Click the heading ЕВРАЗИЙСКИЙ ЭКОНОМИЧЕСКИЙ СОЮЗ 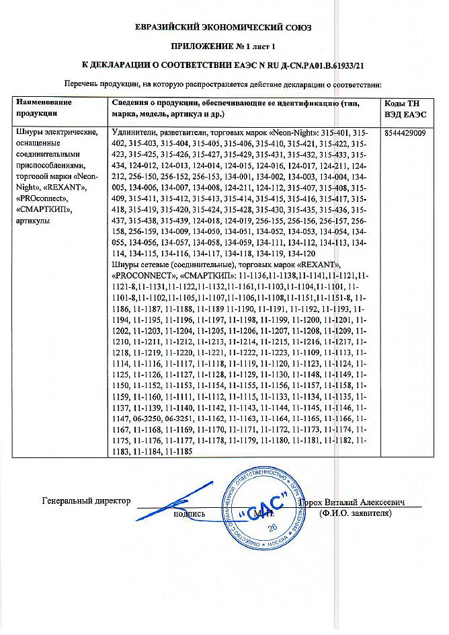tap(225, 28)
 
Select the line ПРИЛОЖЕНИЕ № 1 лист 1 tap(225, 47)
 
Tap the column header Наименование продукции tap(44, 108)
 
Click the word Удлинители tap(133, 134)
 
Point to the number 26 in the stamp tap(272, 528)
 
